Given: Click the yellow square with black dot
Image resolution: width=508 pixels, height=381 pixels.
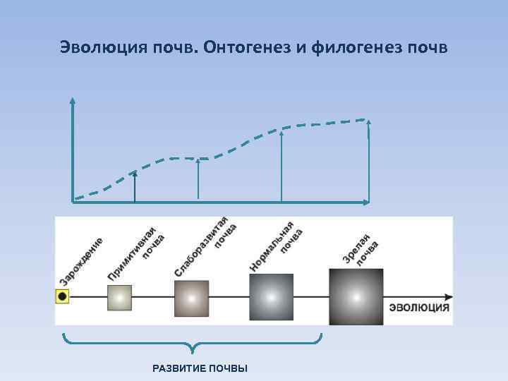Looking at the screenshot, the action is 63,296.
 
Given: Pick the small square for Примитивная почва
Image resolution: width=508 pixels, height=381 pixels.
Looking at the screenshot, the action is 119,297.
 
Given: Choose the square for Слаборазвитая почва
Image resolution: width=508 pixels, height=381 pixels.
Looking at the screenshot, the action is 192,298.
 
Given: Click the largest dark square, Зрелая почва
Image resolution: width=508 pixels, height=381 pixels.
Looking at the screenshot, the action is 356,297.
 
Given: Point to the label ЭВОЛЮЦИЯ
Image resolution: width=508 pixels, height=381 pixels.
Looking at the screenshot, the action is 419,308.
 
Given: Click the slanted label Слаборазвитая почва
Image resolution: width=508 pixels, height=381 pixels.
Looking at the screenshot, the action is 205,247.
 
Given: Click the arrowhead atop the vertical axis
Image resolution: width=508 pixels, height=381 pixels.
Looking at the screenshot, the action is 72,101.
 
